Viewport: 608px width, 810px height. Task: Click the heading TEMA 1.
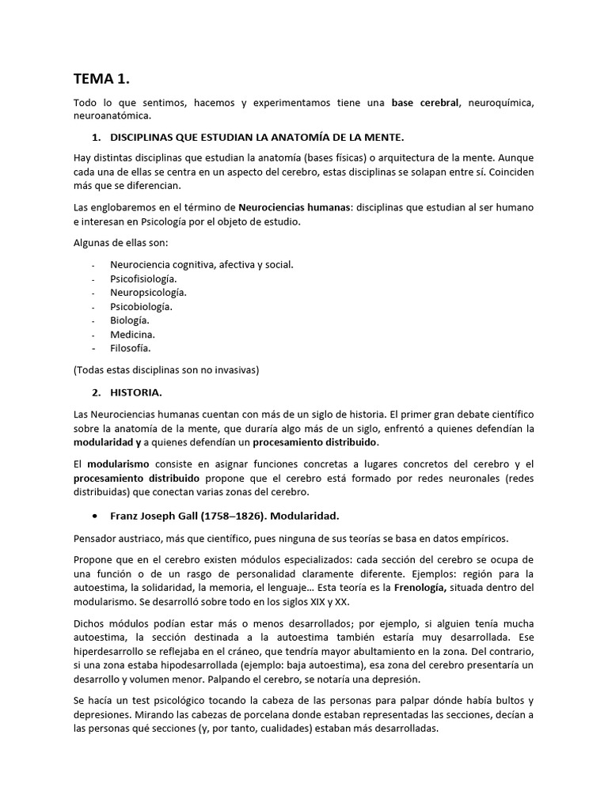click(x=101, y=78)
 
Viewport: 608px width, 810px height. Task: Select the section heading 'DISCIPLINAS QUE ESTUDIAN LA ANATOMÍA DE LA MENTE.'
click(x=257, y=137)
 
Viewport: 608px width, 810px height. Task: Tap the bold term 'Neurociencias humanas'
click(x=294, y=207)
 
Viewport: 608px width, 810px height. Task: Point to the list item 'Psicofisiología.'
click(x=144, y=278)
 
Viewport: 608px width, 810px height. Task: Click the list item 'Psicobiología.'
click(x=142, y=306)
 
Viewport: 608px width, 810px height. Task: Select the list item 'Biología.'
click(x=130, y=320)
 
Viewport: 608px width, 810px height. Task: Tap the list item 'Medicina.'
click(x=133, y=334)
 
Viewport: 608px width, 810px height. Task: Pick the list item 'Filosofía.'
click(x=131, y=347)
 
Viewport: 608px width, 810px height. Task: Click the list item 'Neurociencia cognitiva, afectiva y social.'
click(x=202, y=264)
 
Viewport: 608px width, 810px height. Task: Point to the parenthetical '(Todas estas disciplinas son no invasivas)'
click(x=166, y=369)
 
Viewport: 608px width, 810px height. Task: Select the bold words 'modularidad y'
click(x=108, y=441)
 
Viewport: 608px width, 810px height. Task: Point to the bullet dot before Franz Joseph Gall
click(x=95, y=516)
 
